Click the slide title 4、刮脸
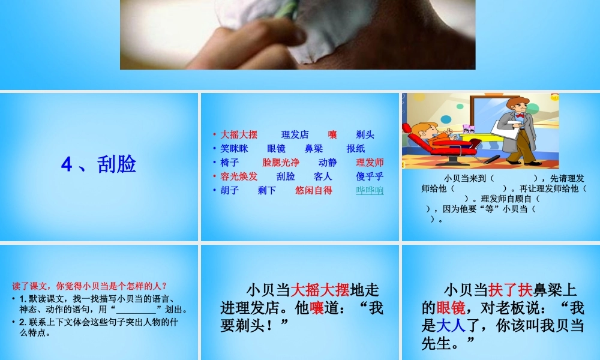tap(99, 164)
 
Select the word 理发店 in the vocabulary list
tap(295, 134)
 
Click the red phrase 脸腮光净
tap(281, 162)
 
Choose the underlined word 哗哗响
tap(370, 190)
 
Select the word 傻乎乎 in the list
tap(370, 176)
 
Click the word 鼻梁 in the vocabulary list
tap(313, 148)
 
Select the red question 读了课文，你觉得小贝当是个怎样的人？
tap(90, 286)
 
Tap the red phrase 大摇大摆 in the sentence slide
tap(319, 290)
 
